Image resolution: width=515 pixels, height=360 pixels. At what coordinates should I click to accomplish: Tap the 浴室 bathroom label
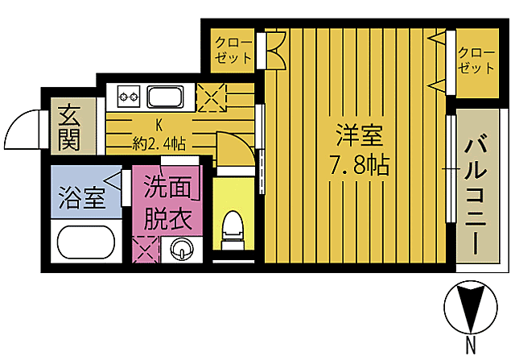(81, 197)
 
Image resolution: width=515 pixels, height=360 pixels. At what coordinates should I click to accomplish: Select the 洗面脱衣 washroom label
(168, 203)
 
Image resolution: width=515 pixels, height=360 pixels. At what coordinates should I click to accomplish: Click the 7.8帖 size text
(359, 166)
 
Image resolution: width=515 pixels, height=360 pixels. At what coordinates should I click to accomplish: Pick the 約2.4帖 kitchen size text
(159, 143)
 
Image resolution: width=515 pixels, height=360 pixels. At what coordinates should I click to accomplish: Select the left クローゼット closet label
(233, 50)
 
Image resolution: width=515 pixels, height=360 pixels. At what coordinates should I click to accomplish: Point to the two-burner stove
(129, 97)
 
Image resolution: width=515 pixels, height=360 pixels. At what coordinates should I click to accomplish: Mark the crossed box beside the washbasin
(146, 247)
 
